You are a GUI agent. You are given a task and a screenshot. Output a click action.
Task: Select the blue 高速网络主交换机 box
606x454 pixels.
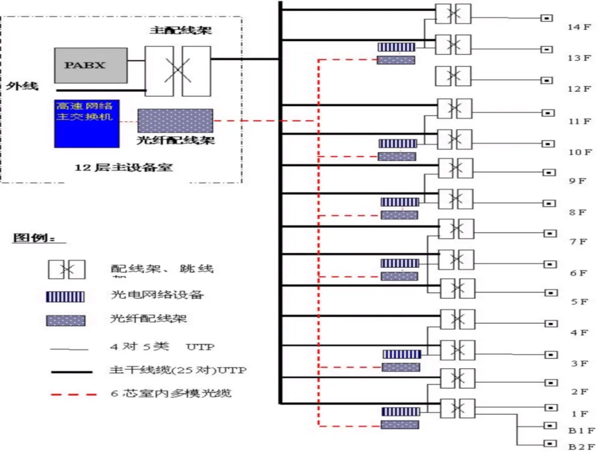point(87,123)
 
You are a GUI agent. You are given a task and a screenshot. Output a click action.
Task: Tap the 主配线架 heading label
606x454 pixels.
point(181,30)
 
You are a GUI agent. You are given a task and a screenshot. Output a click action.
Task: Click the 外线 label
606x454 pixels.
point(22,86)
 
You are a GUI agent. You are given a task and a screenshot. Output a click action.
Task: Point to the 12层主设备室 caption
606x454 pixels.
point(124,167)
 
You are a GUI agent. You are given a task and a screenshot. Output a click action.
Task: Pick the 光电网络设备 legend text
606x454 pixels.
point(156,294)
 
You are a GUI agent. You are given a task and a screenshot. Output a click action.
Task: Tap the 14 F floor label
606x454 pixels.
point(579,27)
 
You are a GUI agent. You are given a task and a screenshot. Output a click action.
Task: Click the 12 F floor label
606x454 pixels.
point(579,89)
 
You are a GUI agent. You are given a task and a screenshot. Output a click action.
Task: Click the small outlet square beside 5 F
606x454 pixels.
point(549,293)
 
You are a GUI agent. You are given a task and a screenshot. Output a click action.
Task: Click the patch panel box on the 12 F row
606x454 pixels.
point(453,76)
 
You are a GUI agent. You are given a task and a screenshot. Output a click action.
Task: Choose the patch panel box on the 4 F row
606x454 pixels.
point(457,319)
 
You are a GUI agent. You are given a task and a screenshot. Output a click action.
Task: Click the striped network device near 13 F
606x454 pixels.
point(396,48)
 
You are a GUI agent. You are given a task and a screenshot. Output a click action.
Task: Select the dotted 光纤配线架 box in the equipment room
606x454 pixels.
point(175,121)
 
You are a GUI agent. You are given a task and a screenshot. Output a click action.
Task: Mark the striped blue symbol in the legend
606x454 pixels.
point(66,296)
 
